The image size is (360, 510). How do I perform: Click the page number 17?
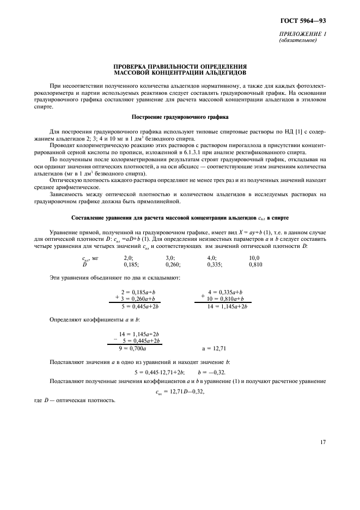322,442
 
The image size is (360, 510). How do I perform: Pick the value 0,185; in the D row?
131,264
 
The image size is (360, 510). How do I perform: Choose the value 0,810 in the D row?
256,264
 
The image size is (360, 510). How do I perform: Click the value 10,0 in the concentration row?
254,258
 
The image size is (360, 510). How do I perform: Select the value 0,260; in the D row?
173,264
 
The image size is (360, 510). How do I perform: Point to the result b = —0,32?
212,372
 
